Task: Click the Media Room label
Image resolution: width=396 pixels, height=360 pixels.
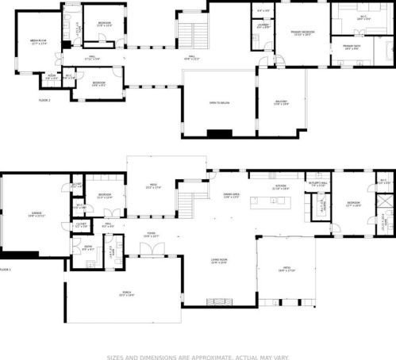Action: (x=38, y=42)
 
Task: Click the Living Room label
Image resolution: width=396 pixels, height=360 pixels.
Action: (x=219, y=262)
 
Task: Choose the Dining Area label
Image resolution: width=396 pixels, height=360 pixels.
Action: (x=231, y=197)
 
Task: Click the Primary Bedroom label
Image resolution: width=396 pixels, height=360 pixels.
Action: (x=302, y=33)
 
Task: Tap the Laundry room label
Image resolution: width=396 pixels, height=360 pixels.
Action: (x=263, y=26)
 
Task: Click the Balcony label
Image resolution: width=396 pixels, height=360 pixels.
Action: (x=281, y=102)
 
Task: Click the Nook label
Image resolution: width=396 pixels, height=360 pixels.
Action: (x=52, y=78)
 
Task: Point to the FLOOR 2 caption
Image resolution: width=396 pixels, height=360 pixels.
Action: (x=44, y=101)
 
